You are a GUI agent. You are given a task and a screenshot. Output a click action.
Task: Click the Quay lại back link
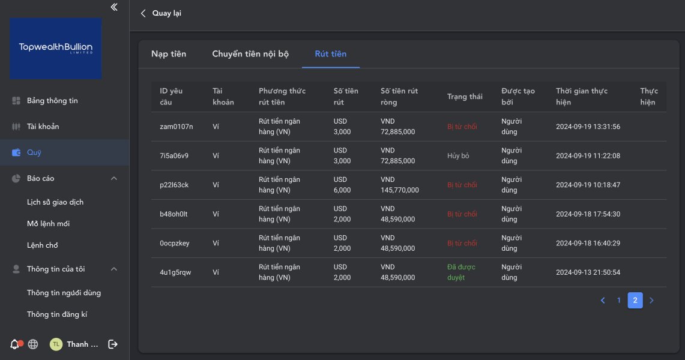click(x=161, y=13)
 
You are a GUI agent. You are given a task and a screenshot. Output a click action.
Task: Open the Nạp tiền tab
click(x=169, y=54)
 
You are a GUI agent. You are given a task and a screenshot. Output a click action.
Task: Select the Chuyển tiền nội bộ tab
click(x=250, y=54)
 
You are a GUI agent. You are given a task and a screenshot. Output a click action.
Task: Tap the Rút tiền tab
click(x=330, y=54)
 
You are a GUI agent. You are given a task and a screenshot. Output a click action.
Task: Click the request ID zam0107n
click(x=177, y=127)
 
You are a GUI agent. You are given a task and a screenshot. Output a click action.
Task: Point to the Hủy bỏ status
click(x=458, y=156)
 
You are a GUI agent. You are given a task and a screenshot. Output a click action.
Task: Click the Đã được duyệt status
click(x=461, y=272)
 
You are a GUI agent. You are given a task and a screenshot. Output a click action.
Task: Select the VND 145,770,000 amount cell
click(x=399, y=185)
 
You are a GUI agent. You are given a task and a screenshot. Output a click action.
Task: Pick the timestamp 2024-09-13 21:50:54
click(x=588, y=272)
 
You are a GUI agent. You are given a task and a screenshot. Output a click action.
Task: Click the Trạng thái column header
click(x=465, y=97)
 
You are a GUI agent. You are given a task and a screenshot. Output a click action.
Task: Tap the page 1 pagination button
click(x=619, y=301)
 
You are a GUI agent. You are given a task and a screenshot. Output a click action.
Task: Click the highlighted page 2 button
click(x=635, y=301)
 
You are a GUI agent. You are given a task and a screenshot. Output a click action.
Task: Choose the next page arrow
click(x=651, y=301)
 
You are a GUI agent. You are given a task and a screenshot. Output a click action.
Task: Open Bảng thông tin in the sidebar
click(x=52, y=101)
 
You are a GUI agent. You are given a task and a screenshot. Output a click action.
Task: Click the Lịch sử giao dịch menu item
click(x=55, y=202)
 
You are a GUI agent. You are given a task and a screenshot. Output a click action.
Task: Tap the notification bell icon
click(x=15, y=344)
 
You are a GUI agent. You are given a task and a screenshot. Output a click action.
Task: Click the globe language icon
click(x=33, y=344)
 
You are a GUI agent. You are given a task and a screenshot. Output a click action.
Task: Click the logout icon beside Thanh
click(x=112, y=344)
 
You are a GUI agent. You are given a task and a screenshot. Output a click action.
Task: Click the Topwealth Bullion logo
click(x=55, y=48)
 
